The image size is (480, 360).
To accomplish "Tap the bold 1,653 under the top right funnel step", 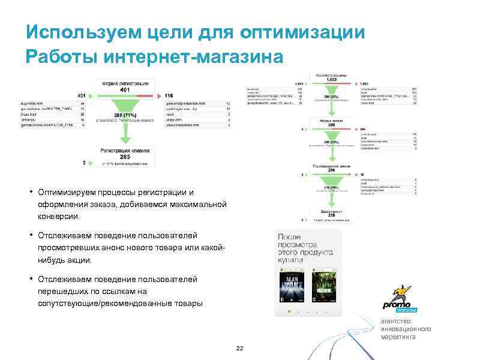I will click(x=332, y=79).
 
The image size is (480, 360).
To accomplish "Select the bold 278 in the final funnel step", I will click(x=332, y=215).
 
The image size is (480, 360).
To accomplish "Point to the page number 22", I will click(x=240, y=349).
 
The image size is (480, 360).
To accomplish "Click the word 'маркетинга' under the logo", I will click(x=398, y=337).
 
